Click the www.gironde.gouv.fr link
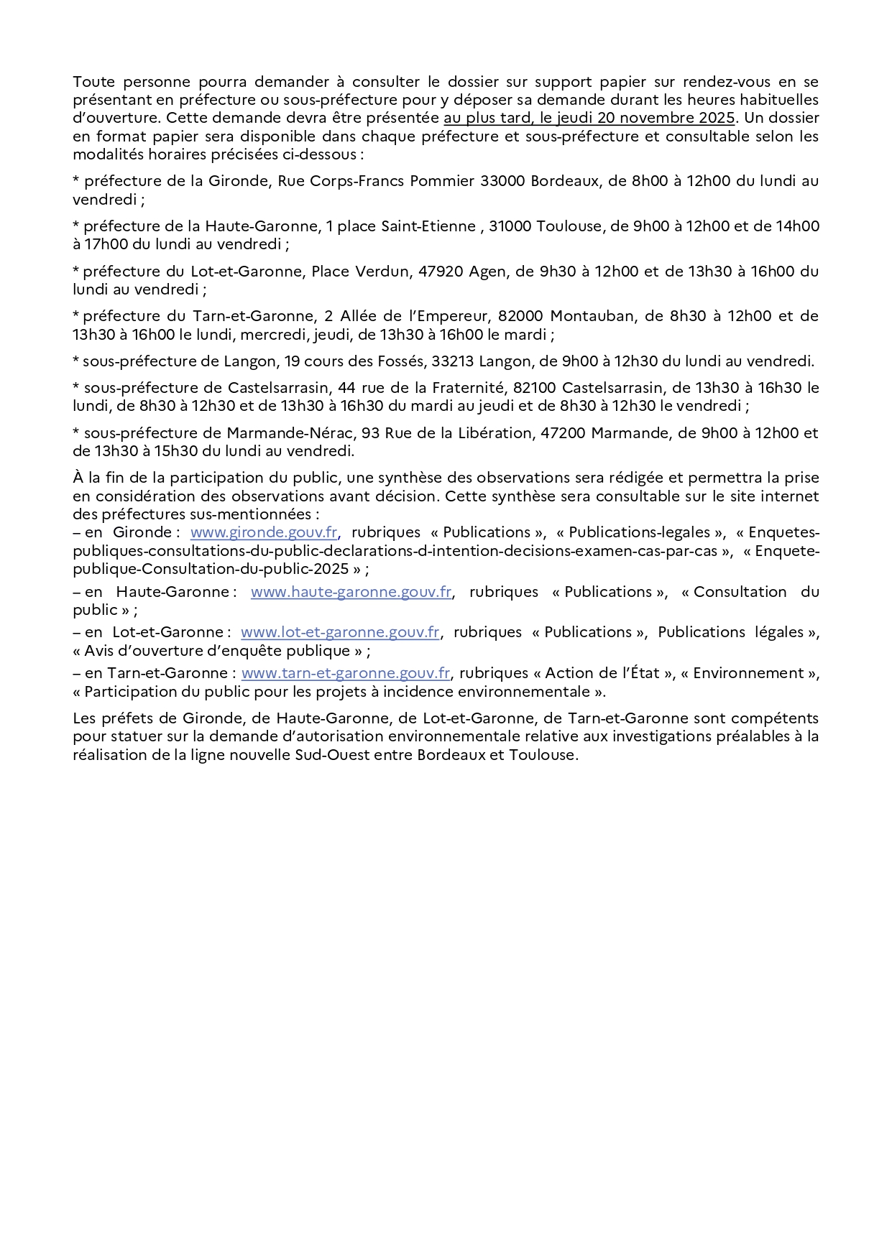pos(264,532)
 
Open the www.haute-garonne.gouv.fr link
pos(351,592)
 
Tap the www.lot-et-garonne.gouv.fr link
pos(340,632)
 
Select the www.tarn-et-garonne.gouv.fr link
pos(346,673)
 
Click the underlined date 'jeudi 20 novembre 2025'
pos(645,118)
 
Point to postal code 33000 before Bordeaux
pos(503,181)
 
